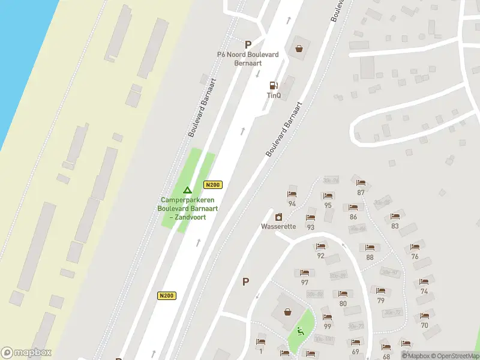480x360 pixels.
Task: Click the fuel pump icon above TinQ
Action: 274,85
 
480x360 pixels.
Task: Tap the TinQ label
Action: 274,95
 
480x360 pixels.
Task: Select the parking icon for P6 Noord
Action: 248,44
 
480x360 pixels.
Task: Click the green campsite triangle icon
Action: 187,190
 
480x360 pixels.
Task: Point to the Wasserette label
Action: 278,227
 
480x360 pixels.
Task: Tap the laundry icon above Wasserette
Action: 278,217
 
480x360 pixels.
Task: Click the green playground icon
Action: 300,331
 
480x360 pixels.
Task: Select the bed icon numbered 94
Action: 292,195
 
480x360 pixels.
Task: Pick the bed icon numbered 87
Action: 360,184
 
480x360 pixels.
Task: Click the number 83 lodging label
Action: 395,226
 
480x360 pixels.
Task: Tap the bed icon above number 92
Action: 320,247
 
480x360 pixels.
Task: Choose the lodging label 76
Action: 415,256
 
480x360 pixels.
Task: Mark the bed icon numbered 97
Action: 305,274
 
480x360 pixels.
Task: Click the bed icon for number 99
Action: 327,317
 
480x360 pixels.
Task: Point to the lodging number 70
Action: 424,325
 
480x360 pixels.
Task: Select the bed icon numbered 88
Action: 370,248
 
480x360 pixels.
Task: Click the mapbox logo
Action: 26,353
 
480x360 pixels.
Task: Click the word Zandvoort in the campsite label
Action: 191,216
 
